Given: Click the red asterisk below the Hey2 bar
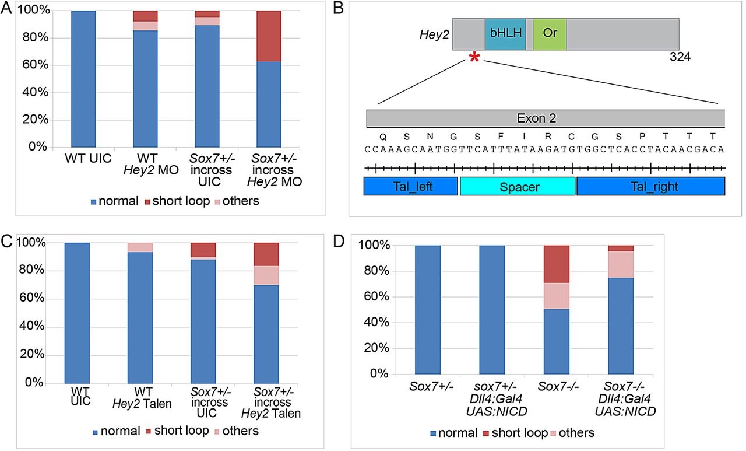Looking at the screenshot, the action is pyautogui.click(x=474, y=57).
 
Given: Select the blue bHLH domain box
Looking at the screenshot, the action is pyautogui.click(x=505, y=34).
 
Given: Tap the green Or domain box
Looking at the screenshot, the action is pyautogui.click(x=550, y=34).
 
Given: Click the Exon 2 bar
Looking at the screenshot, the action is pyautogui.click(x=546, y=118).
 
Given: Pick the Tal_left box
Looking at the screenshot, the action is pyautogui.click(x=411, y=186).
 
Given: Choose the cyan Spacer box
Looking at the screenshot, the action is pyautogui.click(x=518, y=186).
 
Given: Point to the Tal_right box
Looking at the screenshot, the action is pyautogui.click(x=651, y=186).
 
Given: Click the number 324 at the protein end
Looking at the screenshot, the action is pyautogui.click(x=680, y=57).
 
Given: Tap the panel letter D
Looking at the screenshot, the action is pyautogui.click(x=339, y=242).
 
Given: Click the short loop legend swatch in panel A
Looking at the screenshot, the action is pyautogui.click(x=148, y=202).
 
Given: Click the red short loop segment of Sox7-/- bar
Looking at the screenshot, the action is pyautogui.click(x=557, y=264).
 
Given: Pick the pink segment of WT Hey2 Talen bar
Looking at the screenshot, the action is pyautogui.click(x=140, y=247).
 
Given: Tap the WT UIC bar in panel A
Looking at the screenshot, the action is pyautogui.click(x=83, y=79).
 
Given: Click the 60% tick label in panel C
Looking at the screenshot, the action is pyautogui.click(x=31, y=298).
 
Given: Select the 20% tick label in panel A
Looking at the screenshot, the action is pyautogui.click(x=36, y=120).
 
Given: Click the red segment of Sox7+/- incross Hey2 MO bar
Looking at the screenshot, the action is pyautogui.click(x=269, y=36).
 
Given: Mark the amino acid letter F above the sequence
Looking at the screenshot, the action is pyautogui.click(x=501, y=137).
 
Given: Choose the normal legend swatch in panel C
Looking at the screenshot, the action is pyautogui.click(x=95, y=432).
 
